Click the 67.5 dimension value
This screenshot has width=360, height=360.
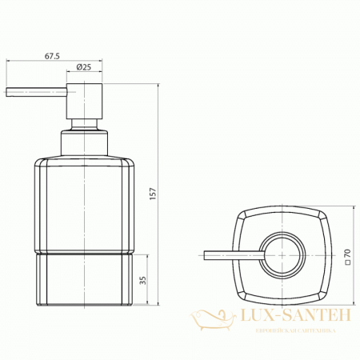point(53,57)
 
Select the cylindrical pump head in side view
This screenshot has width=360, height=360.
point(84,99)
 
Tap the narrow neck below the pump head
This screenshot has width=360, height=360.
point(84,126)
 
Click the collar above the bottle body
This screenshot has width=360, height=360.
point(84,144)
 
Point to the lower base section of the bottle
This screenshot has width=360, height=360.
point(84,279)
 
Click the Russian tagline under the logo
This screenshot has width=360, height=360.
point(295,330)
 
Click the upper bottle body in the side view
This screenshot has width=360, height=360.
point(84,204)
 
